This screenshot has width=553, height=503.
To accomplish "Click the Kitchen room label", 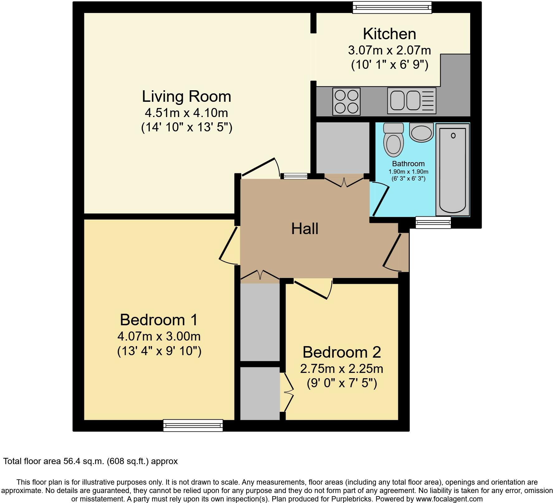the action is (x=390, y=34).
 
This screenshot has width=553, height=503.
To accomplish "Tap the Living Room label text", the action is (x=187, y=96).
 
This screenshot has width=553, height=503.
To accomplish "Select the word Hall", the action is (x=305, y=228).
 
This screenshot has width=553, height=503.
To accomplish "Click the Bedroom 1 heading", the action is (x=159, y=320).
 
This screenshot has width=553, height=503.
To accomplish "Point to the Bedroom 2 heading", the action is (x=342, y=352).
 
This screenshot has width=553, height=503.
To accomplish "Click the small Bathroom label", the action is (x=408, y=164).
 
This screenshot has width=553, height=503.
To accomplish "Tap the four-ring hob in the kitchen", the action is (x=347, y=101).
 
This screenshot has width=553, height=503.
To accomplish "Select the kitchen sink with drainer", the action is (x=412, y=101).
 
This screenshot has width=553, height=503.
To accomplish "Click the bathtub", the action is (x=452, y=170).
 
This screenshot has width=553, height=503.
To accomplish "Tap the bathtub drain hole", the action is (x=453, y=135).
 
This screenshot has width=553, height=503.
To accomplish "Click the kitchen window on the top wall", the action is (x=392, y=7).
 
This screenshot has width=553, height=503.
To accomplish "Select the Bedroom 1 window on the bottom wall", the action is (x=193, y=425).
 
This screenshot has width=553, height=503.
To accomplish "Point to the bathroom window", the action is (x=433, y=222).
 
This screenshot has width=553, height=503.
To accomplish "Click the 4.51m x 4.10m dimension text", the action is (x=187, y=112).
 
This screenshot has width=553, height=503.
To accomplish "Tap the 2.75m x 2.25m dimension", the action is (x=342, y=369).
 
